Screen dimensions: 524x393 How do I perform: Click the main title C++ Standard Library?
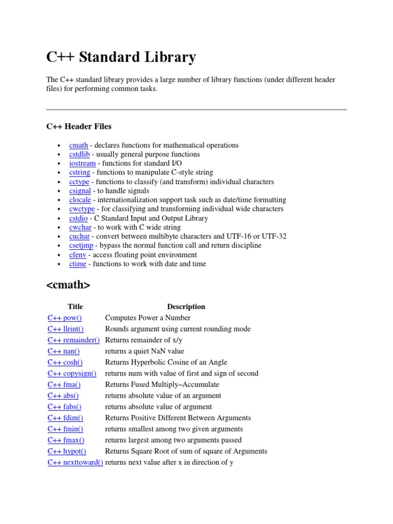121,57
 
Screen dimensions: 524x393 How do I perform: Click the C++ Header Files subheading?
79,126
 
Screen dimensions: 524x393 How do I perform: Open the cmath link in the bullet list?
79,145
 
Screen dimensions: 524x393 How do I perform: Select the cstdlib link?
80,155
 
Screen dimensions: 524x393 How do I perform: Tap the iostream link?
82,163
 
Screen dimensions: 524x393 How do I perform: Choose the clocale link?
81,200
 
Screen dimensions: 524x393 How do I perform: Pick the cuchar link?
80,236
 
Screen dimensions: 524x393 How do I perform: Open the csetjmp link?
81,246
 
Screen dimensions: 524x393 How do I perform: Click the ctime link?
78,264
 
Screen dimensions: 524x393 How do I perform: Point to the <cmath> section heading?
68,286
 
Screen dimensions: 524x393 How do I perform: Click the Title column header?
75,307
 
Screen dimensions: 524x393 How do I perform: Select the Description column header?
186,307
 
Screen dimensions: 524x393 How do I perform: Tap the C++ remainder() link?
74,340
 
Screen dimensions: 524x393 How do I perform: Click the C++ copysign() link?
72,374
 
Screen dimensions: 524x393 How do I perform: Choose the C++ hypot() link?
67,451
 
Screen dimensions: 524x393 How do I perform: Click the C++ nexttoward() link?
75,463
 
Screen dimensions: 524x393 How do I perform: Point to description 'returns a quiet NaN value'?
144,351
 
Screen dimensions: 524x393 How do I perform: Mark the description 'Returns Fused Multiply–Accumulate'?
162,385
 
